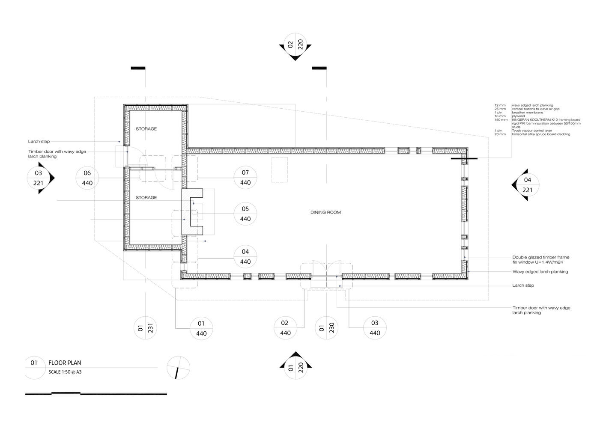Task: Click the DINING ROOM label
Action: click(326, 212)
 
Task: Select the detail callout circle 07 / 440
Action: click(245, 178)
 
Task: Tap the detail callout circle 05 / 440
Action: click(245, 214)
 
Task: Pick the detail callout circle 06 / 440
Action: click(87, 178)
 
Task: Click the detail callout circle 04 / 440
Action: click(245, 256)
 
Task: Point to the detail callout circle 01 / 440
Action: click(201, 328)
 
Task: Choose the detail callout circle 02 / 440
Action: click(285, 328)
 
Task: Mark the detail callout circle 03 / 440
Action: click(375, 328)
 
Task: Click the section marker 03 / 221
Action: click(39, 178)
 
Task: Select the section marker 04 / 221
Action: click(527, 185)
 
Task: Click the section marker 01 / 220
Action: click(295, 367)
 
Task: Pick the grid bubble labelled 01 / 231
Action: click(146, 328)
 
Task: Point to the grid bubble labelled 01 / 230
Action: click(327, 328)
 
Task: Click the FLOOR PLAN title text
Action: click(65, 363)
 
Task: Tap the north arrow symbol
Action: click(178, 368)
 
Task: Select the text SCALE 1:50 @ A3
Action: click(65, 372)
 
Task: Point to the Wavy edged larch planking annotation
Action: click(540, 272)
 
